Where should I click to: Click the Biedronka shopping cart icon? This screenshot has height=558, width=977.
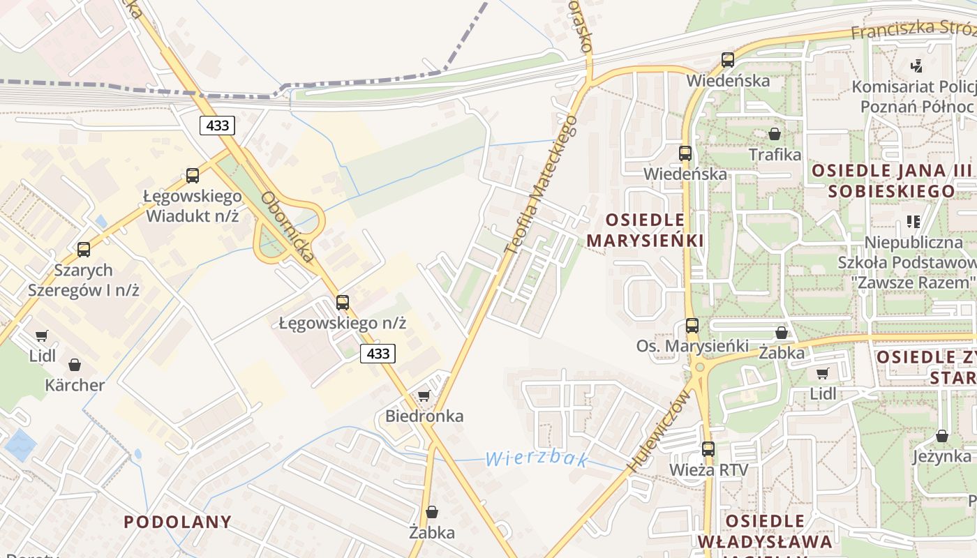click(x=424, y=396)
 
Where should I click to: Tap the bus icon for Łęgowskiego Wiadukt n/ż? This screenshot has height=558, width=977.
click(x=193, y=176)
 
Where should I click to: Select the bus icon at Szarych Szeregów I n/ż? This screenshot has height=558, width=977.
click(x=84, y=249)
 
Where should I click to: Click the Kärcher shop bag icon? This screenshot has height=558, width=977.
click(x=75, y=365)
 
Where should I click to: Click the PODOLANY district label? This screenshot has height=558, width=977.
click(x=177, y=522)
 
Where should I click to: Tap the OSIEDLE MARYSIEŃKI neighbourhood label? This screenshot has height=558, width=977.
click(x=645, y=230)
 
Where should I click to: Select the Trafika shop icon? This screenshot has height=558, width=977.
click(x=775, y=134)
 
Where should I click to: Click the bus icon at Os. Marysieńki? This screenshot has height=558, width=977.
click(x=692, y=326)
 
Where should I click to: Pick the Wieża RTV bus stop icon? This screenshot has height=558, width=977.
click(x=708, y=449)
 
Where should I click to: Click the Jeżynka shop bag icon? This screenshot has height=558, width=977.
click(x=942, y=436)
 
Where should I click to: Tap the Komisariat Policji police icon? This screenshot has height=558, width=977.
click(x=917, y=66)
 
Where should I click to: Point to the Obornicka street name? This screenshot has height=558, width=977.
click(x=288, y=227)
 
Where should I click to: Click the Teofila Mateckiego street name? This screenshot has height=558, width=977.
click(x=542, y=184)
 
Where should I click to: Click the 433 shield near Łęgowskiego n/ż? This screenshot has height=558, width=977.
click(x=378, y=354)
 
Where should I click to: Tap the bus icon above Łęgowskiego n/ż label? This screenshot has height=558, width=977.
click(x=343, y=303)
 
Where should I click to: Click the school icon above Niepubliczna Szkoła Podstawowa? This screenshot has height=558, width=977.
click(x=913, y=222)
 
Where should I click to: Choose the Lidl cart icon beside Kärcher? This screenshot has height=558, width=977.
click(x=42, y=336)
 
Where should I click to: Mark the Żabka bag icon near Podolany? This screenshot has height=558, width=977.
click(x=432, y=513)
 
